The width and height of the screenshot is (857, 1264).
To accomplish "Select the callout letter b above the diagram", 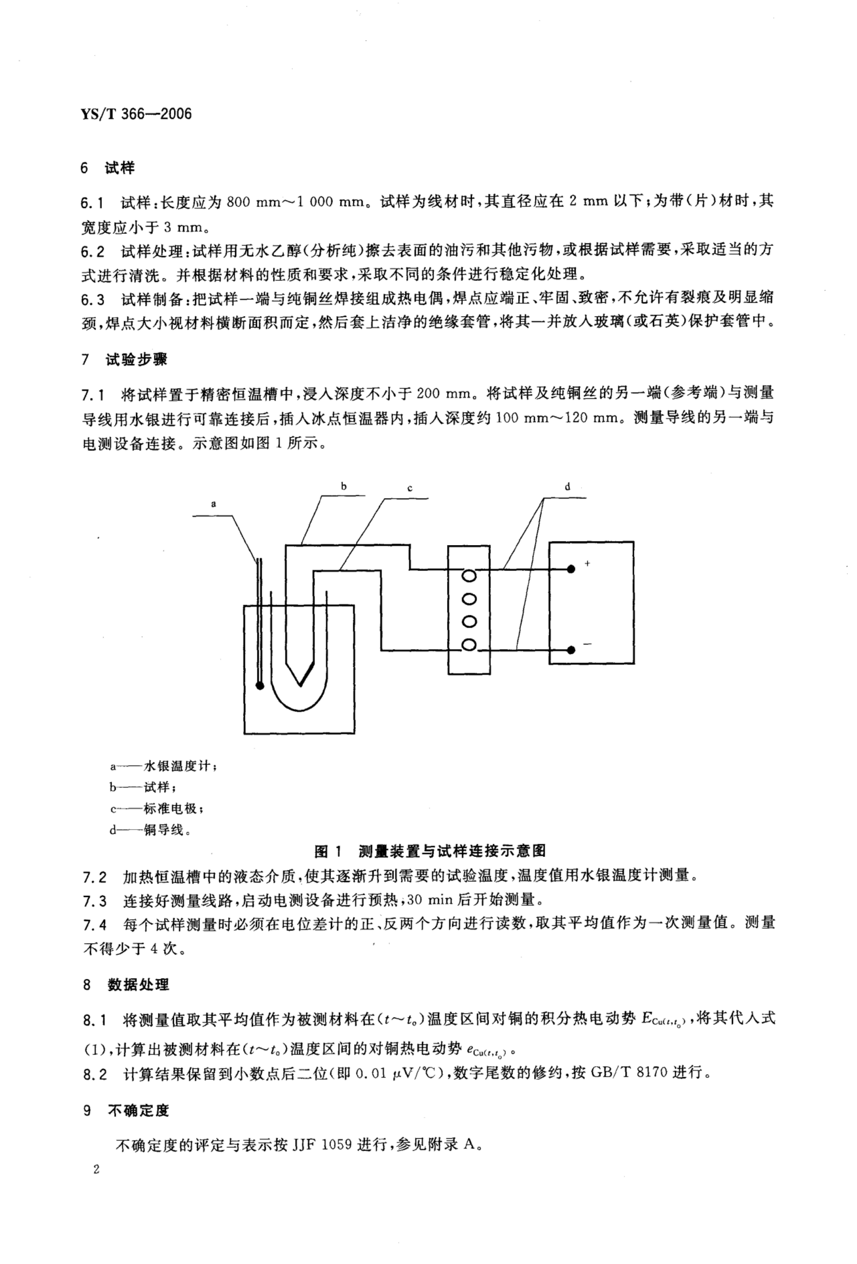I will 343,486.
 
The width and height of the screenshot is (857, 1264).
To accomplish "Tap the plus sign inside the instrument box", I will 587,563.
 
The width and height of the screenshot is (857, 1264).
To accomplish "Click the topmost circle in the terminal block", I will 468,575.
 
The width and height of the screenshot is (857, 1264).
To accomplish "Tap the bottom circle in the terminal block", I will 468,645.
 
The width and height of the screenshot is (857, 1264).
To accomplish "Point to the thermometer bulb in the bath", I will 260,686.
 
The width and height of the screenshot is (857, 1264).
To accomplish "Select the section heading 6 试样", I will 108,168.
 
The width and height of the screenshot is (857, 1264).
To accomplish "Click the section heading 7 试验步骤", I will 125,360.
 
